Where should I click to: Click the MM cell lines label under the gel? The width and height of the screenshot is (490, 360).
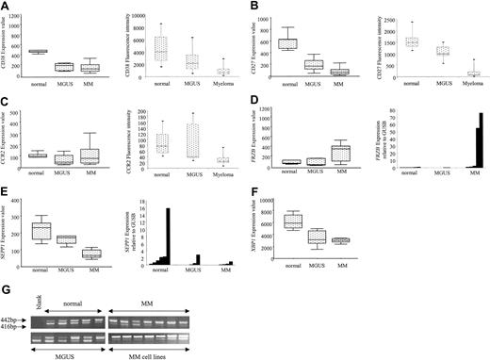pyautogui.click(x=146, y=353)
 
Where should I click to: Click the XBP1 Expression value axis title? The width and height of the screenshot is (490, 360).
pyautogui.click(x=262, y=228)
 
